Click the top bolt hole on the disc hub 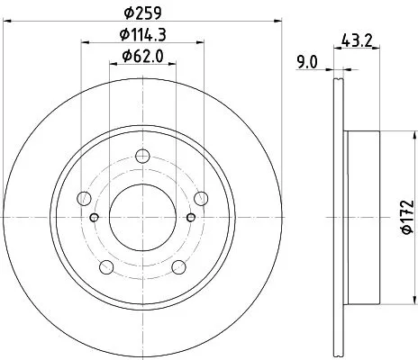pos(142,158)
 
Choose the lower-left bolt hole pos(106,266)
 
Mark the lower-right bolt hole pos(177,266)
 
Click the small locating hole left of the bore pos(95,217)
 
